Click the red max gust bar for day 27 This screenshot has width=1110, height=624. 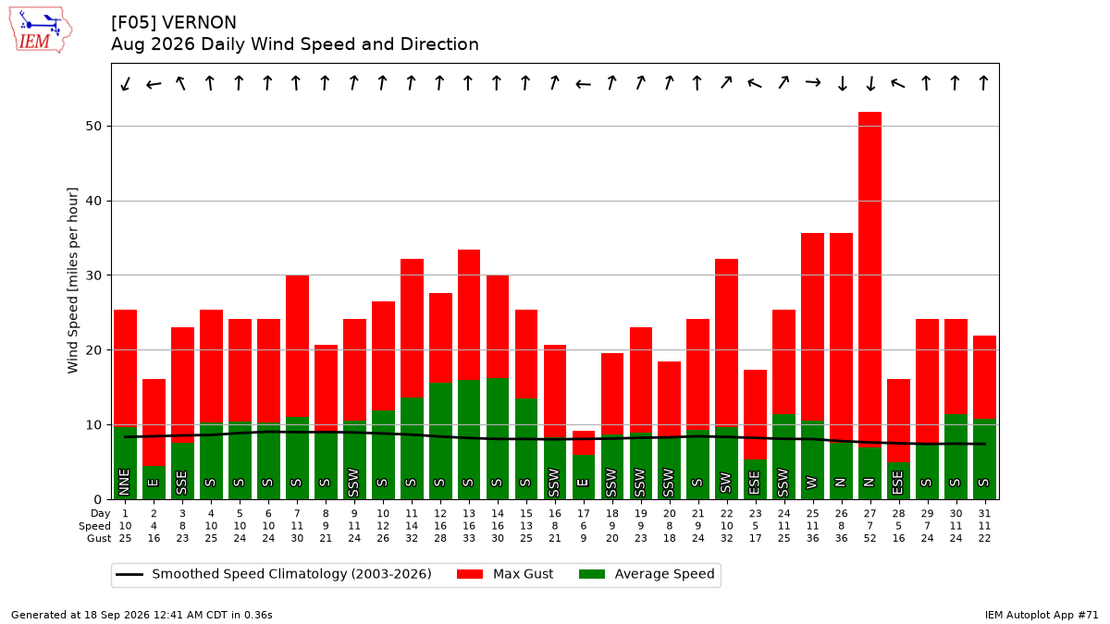click(x=869, y=280)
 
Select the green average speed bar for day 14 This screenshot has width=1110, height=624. click(x=497, y=439)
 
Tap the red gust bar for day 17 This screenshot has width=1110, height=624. click(x=584, y=443)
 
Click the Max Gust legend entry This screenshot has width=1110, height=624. click(x=504, y=574)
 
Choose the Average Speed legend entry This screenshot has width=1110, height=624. click(x=647, y=574)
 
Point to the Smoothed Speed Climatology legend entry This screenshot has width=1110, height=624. click(x=274, y=574)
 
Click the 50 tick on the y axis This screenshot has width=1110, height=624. click(x=93, y=127)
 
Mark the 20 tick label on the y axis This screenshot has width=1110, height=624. click(x=93, y=350)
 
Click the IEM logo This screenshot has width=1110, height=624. click(x=41, y=30)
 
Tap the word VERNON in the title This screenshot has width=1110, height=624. click(x=199, y=23)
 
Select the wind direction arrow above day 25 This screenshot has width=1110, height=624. click(x=813, y=82)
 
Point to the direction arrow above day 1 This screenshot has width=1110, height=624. click(x=126, y=84)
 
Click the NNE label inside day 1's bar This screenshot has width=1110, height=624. click(x=124, y=483)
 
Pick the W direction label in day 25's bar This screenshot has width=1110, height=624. click(x=812, y=483)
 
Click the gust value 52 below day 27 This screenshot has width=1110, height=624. click(x=869, y=538)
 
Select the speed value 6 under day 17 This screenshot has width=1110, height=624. click(x=584, y=526)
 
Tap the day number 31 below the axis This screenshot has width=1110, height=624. click(x=984, y=514)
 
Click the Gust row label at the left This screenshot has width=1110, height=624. click(x=99, y=538)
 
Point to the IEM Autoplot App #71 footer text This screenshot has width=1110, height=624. click(x=1042, y=615)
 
